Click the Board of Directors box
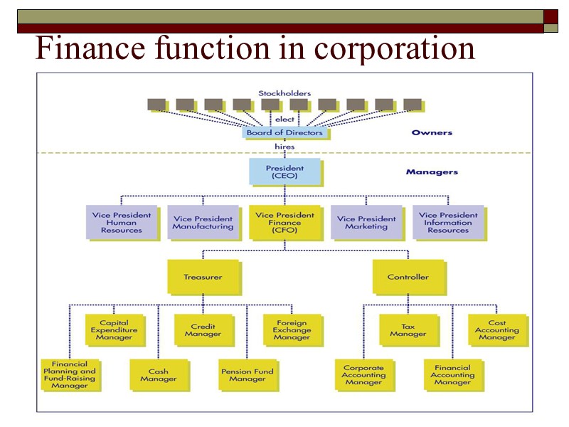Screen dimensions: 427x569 coord(284,132)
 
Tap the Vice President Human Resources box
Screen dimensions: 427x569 coord(122,222)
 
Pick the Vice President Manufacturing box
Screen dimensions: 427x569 coord(203,222)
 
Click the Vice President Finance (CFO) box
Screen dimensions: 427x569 coord(284,222)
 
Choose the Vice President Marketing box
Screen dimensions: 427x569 coord(366,222)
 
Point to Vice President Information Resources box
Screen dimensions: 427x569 coord(448,222)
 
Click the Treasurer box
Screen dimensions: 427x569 coord(203,277)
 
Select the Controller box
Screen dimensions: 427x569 coord(408,277)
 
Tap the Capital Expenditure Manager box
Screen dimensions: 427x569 coord(114,330)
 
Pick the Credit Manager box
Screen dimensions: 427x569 coord(203,330)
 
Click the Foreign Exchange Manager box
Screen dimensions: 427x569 coord(292,330)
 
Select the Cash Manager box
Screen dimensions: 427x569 coord(159,374)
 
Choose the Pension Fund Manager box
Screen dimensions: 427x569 coord(248,374)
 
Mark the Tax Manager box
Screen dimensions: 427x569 coord(408,330)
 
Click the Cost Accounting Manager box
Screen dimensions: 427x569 coord(497,330)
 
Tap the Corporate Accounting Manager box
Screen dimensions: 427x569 coord(363,374)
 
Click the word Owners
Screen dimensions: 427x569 coord(432,132)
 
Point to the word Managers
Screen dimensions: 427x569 coord(432,172)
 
